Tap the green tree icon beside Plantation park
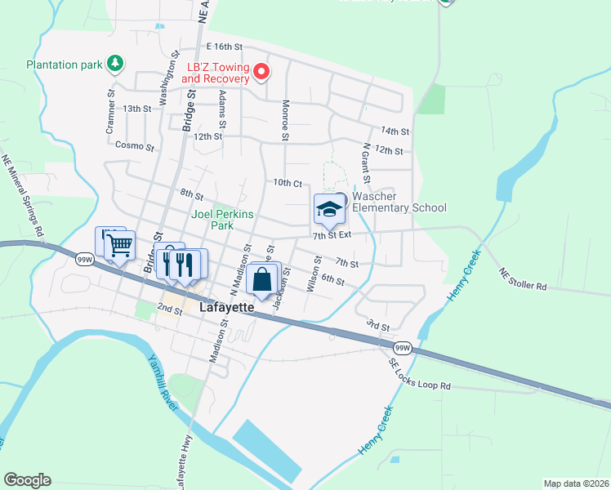click(x=116, y=63)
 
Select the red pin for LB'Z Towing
click(x=261, y=73)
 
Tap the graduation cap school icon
click(x=329, y=210)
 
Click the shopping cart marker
click(x=120, y=244)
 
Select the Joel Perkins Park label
click(x=222, y=220)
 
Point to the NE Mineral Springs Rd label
click(x=22, y=196)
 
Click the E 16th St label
click(x=225, y=47)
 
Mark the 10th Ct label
click(x=288, y=183)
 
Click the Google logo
click(x=27, y=480)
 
